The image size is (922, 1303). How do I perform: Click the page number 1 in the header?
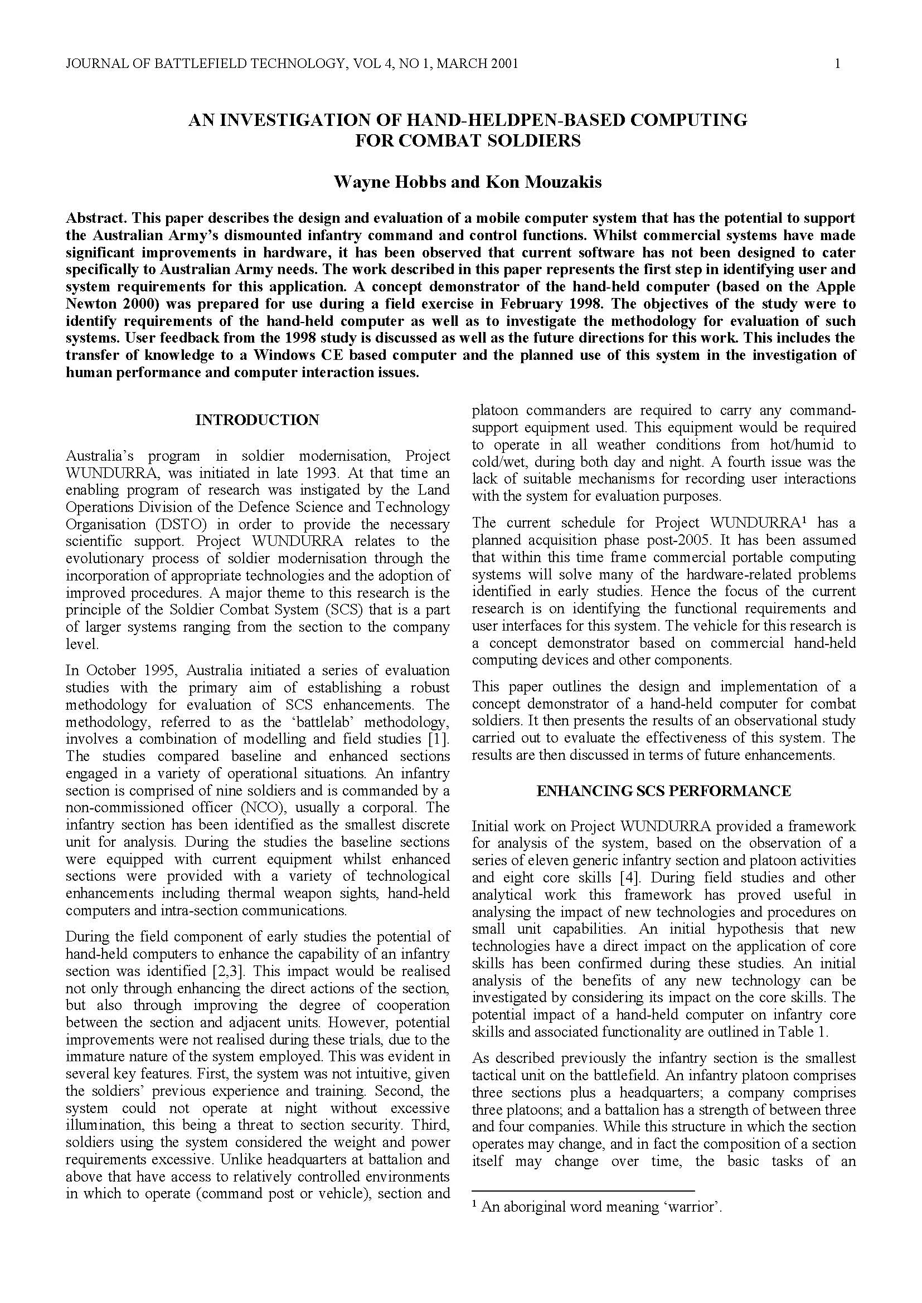pyautogui.click(x=837, y=64)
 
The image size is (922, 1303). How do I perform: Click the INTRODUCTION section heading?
pyautogui.click(x=257, y=420)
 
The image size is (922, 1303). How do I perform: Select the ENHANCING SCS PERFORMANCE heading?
pyautogui.click(x=663, y=791)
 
